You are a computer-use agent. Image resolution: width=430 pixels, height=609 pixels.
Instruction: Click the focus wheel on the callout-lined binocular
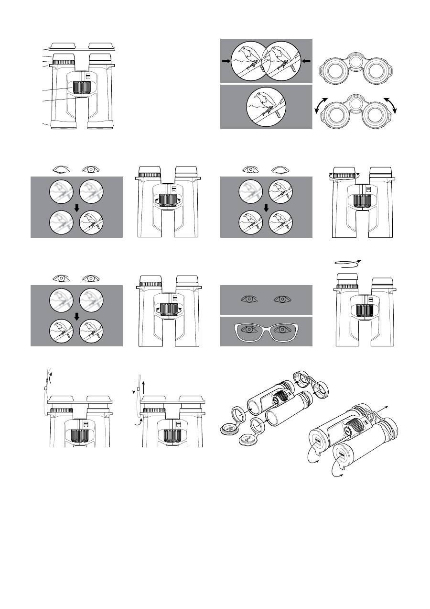[x=82, y=88]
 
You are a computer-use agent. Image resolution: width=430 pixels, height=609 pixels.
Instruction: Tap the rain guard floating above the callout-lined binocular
[x=81, y=46]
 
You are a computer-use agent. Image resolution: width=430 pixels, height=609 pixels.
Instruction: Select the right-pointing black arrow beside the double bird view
[x=226, y=61]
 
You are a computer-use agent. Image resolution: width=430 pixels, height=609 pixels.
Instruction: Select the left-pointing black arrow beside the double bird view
[x=306, y=61]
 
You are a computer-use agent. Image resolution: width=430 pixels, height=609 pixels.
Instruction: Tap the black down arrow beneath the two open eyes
[x=76, y=316]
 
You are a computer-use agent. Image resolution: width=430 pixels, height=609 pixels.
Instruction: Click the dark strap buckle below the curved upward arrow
[x=46, y=381]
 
